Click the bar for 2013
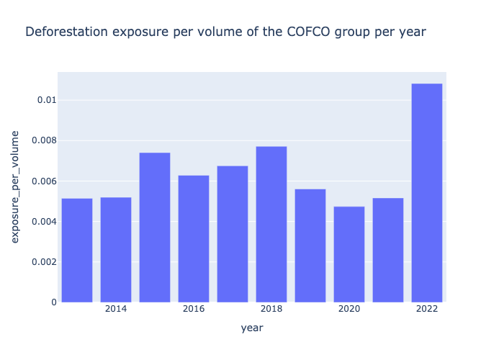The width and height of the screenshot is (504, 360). click(77, 250)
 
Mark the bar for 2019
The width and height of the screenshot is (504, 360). click(310, 245)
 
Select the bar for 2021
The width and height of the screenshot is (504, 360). click(388, 250)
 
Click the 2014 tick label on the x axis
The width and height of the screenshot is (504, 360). click(116, 309)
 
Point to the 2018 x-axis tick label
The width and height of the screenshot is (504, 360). click(271, 309)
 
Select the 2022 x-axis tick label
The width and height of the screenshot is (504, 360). click(427, 309)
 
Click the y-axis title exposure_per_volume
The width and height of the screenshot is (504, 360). click(15, 186)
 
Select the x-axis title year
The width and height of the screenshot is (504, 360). click(252, 328)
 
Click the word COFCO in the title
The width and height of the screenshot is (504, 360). click(294, 32)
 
